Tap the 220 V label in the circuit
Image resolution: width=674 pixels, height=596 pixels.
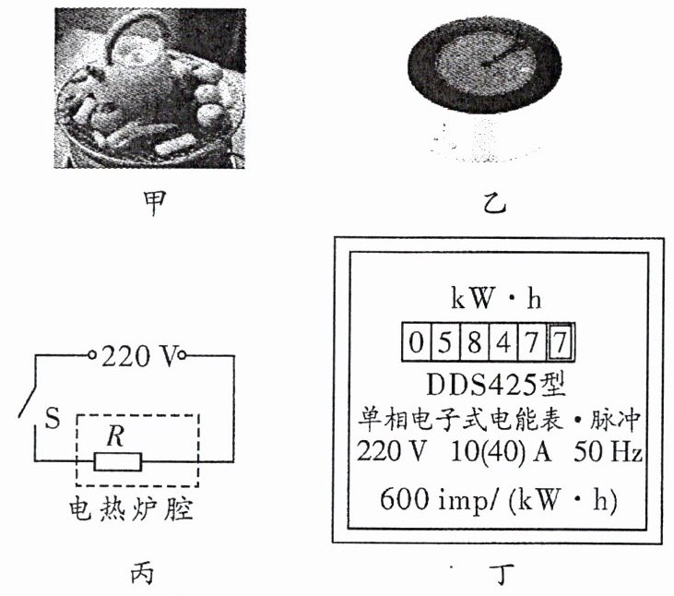tap(137, 355)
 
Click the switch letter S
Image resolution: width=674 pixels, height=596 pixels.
tap(53, 421)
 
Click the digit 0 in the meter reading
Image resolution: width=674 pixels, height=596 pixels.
tap(416, 344)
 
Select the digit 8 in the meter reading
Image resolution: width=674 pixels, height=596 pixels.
tap(473, 344)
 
